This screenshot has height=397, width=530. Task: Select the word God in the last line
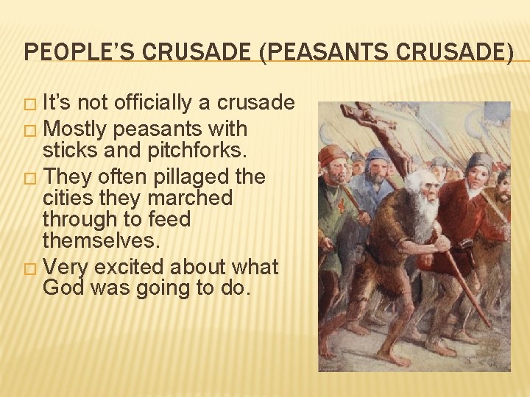coord(63,287)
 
